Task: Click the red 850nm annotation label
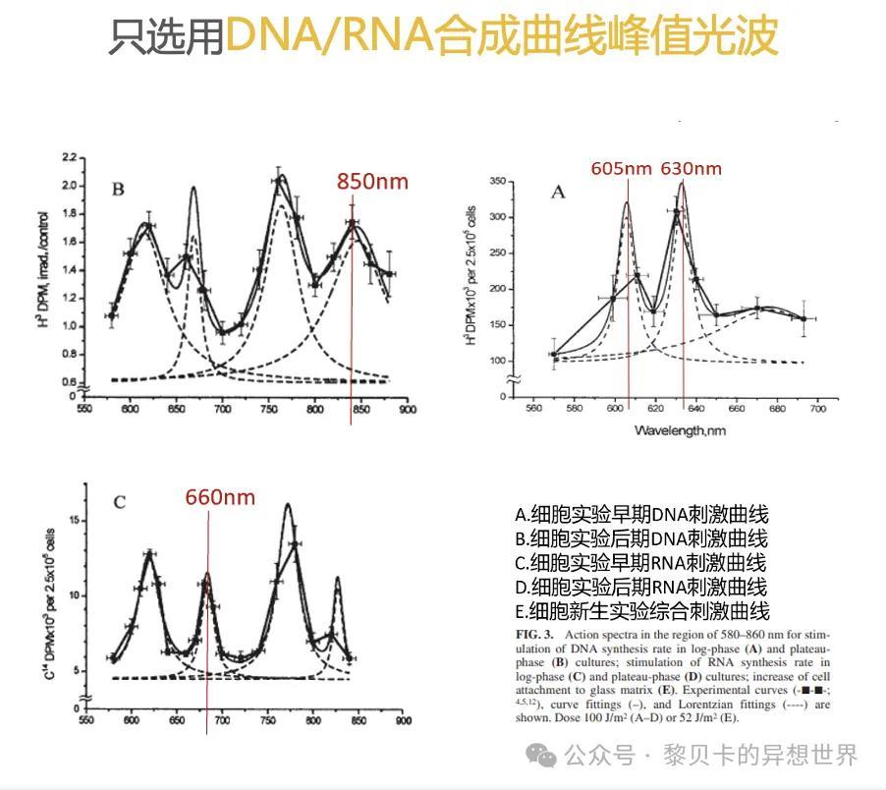(372, 181)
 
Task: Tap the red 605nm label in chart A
(621, 168)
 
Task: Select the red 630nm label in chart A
(691, 168)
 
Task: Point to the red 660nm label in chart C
(220, 497)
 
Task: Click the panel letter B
(118, 190)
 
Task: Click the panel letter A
(558, 192)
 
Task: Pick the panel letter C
(119, 503)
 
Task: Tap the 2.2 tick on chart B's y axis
(69, 158)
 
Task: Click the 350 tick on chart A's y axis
(497, 182)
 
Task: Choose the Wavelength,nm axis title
(679, 429)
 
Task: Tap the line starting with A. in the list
(641, 515)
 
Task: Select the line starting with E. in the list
(641, 611)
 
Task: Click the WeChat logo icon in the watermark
(539, 756)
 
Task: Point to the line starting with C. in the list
(641, 563)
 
